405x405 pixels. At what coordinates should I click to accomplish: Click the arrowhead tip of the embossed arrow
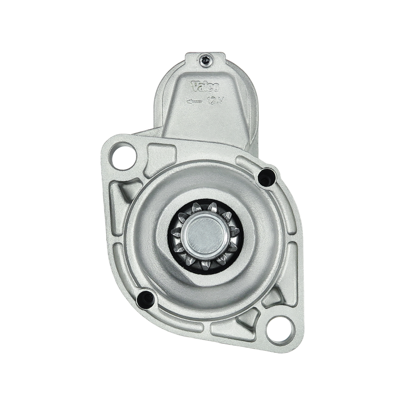pyautogui.click(x=187, y=101)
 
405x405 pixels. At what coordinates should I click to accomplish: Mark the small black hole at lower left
pyautogui.click(x=145, y=297)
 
